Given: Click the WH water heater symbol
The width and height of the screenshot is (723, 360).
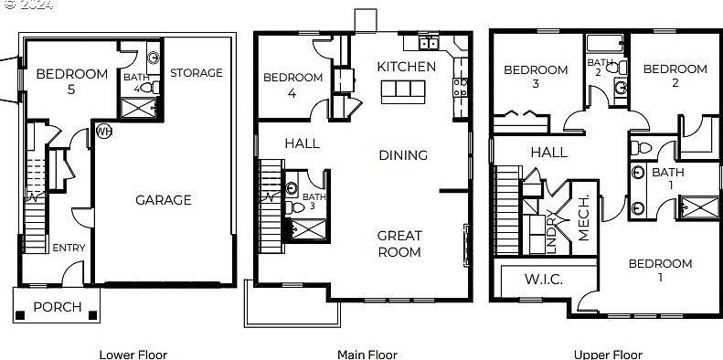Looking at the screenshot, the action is [104, 132].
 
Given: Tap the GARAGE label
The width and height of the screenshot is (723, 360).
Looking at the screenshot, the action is [164, 200].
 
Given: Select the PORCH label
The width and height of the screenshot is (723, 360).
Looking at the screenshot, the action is [58, 307].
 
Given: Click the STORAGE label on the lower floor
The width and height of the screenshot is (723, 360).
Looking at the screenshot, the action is [197, 73].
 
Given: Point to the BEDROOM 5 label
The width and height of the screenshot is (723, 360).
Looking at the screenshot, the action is [71, 81].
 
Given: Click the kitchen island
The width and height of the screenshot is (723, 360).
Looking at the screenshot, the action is [403, 91].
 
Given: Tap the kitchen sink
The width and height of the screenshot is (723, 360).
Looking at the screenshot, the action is [429, 43].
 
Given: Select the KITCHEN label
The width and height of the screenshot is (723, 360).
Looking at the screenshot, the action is [406, 67].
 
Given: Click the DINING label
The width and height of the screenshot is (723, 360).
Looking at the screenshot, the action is [403, 155].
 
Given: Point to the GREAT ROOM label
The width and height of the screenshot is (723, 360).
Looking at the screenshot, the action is [399, 244].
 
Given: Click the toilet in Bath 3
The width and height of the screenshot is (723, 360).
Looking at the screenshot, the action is [294, 208].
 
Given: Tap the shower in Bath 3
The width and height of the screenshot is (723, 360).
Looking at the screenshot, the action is [309, 229].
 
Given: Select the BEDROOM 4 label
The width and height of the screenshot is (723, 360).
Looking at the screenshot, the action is [292, 85].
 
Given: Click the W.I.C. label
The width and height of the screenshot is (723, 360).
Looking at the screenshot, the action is [543, 280].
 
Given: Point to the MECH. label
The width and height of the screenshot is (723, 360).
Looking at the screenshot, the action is [583, 217].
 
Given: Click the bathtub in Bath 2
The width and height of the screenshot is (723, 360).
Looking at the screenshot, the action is [605, 43].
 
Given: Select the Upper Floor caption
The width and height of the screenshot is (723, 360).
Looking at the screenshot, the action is [608, 355].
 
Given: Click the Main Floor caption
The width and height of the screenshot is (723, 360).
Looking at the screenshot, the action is [367, 355].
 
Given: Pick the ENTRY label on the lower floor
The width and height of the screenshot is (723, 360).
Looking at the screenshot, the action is [69, 248].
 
